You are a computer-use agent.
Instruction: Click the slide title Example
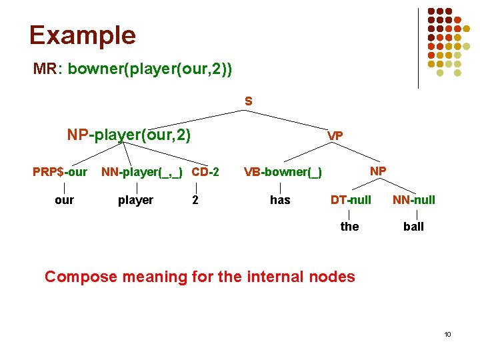click(82, 35)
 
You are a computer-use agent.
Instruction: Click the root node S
click(248, 101)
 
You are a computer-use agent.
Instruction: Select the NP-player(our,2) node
click(129, 135)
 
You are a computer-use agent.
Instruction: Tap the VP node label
click(335, 136)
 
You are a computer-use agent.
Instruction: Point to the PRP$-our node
click(60, 172)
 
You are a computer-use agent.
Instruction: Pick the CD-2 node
click(205, 172)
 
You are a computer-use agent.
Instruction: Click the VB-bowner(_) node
click(283, 173)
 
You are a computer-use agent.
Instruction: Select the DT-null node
click(351, 200)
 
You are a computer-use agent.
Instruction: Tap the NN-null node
click(413, 200)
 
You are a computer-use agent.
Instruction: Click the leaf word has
click(280, 200)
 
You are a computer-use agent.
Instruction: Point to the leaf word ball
click(413, 227)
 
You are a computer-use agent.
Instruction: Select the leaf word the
click(349, 227)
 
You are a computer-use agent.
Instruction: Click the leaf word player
click(135, 200)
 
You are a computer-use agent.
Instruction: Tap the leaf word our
click(64, 200)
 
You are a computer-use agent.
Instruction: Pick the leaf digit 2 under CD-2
click(195, 200)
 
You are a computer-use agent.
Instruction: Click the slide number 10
click(447, 333)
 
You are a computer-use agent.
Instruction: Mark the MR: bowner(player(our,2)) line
click(133, 69)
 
